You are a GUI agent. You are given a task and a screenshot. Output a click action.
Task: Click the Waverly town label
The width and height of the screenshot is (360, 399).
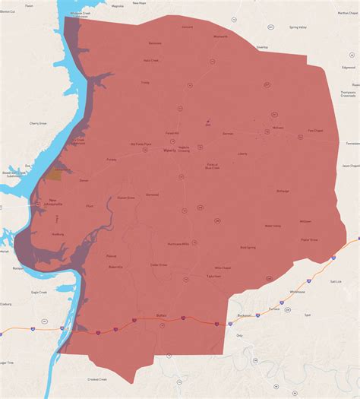[169, 150]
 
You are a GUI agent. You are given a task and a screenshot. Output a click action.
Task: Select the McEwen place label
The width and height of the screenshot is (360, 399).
[277, 128]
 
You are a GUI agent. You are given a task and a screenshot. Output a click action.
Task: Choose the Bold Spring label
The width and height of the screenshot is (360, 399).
[248, 247]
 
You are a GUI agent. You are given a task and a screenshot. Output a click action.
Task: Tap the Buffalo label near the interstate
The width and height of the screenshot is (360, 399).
[161, 315]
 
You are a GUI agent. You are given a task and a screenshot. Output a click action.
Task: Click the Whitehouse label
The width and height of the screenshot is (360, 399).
[297, 291]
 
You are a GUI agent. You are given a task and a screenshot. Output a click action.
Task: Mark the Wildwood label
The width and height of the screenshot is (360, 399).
[305, 221]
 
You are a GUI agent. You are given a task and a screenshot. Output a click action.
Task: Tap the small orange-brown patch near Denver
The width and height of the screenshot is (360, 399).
[54, 174]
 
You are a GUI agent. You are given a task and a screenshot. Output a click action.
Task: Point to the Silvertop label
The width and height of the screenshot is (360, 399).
[263, 46]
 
